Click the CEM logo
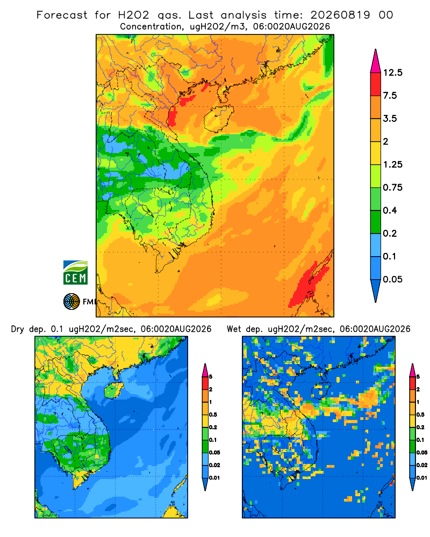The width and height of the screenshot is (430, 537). (75, 273)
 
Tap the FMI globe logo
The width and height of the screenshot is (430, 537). (71, 302)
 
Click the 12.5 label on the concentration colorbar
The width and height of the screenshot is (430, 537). (392, 72)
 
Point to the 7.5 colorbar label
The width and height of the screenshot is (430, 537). (390, 96)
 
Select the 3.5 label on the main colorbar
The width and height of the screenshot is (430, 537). (390, 119)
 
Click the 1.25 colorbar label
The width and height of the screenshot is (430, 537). (392, 164)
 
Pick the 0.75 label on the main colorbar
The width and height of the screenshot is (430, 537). (392, 187)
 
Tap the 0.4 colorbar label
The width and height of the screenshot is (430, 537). (390, 211)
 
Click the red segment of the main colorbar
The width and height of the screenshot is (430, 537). (376, 84)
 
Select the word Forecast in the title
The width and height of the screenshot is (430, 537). (62, 15)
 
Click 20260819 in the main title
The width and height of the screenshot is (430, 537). (340, 15)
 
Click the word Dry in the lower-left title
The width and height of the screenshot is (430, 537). (18, 329)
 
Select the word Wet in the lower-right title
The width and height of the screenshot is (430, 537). (234, 329)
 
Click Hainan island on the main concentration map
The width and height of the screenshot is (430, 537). (218, 118)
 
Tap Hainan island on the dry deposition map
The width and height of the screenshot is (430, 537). (113, 390)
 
